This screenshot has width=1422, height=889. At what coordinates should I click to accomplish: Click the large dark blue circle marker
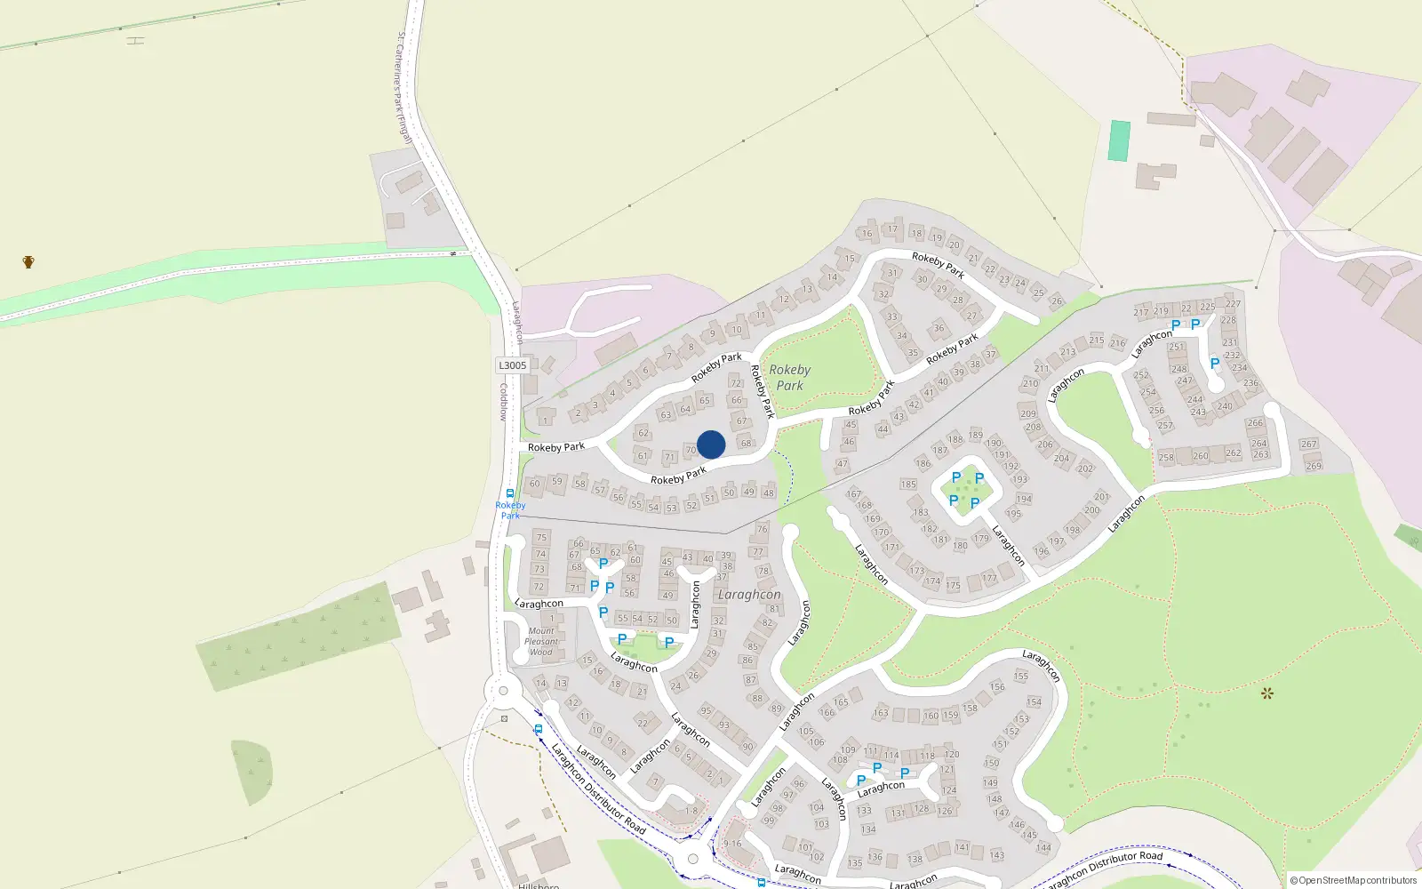click(711, 444)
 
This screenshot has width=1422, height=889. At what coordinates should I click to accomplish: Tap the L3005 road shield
click(512, 365)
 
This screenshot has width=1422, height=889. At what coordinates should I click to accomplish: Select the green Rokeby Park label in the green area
click(789, 377)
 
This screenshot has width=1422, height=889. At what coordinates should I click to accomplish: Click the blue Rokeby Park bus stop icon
click(509, 493)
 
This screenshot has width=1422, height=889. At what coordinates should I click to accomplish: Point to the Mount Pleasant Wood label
click(541, 641)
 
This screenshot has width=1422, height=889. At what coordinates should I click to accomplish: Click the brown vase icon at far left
click(28, 261)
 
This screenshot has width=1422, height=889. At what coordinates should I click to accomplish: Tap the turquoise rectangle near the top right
click(1119, 140)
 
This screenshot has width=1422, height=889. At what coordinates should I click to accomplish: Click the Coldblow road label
click(503, 402)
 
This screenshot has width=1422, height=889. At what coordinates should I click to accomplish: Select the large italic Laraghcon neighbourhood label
click(749, 594)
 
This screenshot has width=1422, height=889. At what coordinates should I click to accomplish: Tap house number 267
click(1308, 444)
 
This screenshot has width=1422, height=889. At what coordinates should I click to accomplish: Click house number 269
click(1314, 465)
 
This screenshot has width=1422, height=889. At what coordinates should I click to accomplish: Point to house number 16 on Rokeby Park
click(867, 234)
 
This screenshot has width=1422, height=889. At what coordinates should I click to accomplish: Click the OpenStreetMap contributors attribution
click(1354, 880)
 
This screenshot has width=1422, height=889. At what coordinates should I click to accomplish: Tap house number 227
click(1233, 304)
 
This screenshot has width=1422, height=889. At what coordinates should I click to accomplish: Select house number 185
click(907, 485)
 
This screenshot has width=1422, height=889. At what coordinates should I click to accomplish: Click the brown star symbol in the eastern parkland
click(1266, 693)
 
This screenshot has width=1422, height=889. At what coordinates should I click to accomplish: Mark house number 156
click(997, 686)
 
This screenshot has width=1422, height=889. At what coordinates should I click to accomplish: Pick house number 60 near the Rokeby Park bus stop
click(534, 485)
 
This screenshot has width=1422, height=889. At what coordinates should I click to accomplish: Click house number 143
click(996, 855)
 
